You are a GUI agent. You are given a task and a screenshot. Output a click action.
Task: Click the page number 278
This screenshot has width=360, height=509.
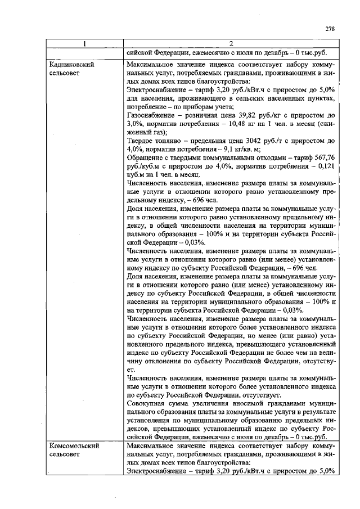331,29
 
